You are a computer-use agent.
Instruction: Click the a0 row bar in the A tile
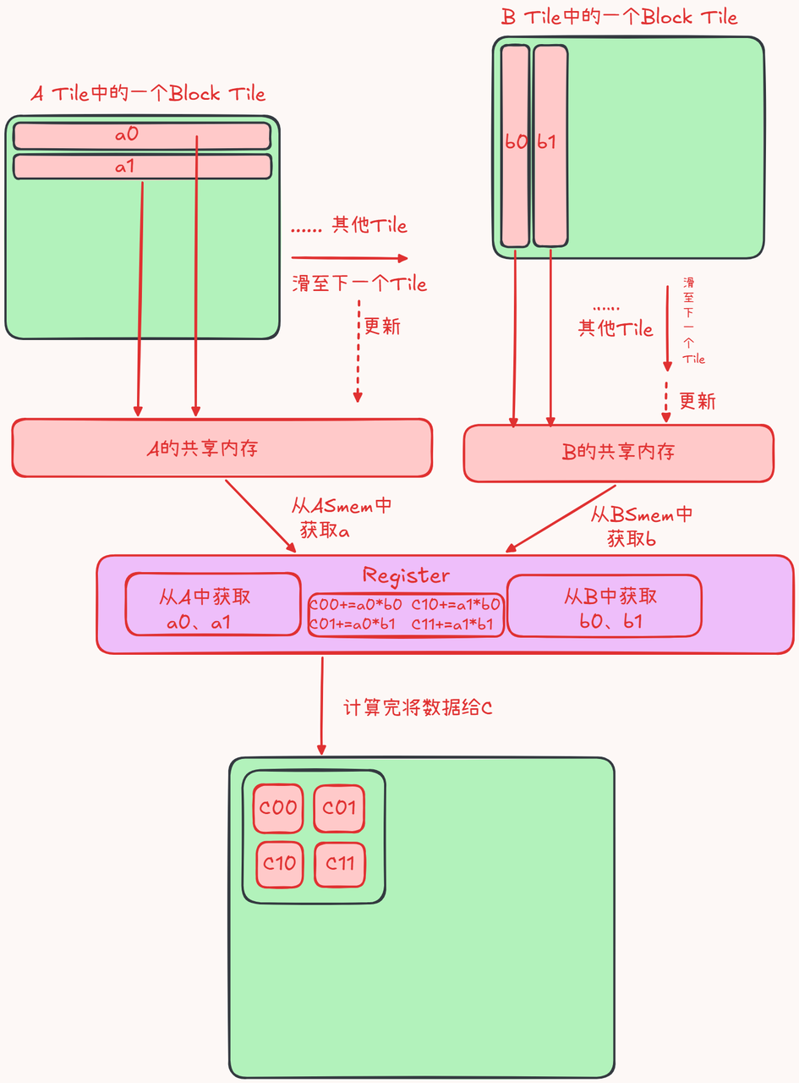pyautogui.click(x=141, y=135)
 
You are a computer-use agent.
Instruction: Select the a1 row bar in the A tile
pyautogui.click(x=141, y=167)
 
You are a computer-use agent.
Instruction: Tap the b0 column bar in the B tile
pyautogui.click(x=515, y=146)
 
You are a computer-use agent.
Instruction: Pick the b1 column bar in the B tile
pyautogui.click(x=550, y=146)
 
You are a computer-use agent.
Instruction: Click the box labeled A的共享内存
pyautogui.click(x=222, y=448)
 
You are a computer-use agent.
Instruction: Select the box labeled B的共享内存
pyautogui.click(x=618, y=454)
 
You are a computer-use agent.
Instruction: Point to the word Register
pyautogui.click(x=406, y=575)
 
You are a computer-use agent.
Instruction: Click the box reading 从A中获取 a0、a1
pyautogui.click(x=213, y=604)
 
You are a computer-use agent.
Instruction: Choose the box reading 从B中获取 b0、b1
pyautogui.click(x=605, y=606)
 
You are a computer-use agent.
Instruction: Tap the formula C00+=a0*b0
pyautogui.click(x=355, y=604)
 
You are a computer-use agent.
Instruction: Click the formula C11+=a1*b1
pyautogui.click(x=452, y=624)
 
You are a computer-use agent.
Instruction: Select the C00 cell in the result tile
pyautogui.click(x=278, y=808)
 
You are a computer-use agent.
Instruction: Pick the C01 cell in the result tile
pyautogui.click(x=339, y=808)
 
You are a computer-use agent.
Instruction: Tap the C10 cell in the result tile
pyautogui.click(x=280, y=864)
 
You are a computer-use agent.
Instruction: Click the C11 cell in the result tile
pyautogui.click(x=340, y=864)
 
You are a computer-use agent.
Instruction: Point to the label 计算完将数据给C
pyautogui.click(x=418, y=707)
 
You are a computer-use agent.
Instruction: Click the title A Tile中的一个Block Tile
pyautogui.click(x=148, y=93)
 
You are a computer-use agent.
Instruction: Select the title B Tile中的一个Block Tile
pyautogui.click(x=619, y=17)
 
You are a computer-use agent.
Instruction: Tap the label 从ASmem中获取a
pyautogui.click(x=342, y=518)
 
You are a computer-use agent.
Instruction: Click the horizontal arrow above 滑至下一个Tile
pyautogui.click(x=349, y=258)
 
